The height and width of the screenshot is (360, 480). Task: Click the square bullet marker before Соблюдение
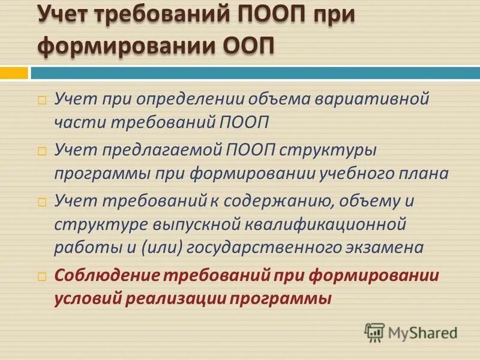click(41, 276)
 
